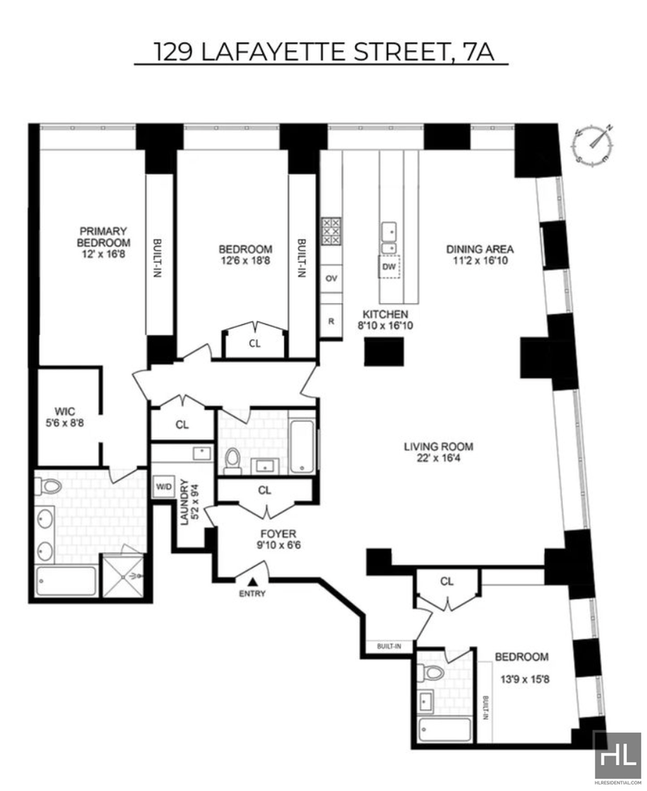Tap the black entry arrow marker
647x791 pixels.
pyautogui.click(x=252, y=582)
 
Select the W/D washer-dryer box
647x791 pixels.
pyautogui.click(x=163, y=487)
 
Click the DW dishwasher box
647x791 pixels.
pyautogui.click(x=389, y=267)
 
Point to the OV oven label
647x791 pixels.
pyautogui.click(x=332, y=278)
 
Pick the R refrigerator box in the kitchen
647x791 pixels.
pyautogui.click(x=331, y=320)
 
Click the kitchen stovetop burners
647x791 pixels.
pyautogui.click(x=332, y=231)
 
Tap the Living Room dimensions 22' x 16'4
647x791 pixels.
pyautogui.click(x=438, y=459)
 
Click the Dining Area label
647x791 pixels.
pyautogui.click(x=480, y=249)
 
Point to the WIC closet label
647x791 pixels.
pyautogui.click(x=65, y=411)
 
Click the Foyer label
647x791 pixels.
pyautogui.click(x=278, y=534)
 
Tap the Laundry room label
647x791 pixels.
pyautogui.click(x=184, y=502)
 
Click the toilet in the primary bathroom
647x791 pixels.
pyautogui.click(x=49, y=487)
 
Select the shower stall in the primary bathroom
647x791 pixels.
pyautogui.click(x=123, y=574)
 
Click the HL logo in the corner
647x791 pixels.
pyautogui.click(x=617, y=758)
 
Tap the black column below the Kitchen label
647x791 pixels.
pyautogui.click(x=384, y=352)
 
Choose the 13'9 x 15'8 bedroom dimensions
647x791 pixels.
pyautogui.click(x=524, y=679)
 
